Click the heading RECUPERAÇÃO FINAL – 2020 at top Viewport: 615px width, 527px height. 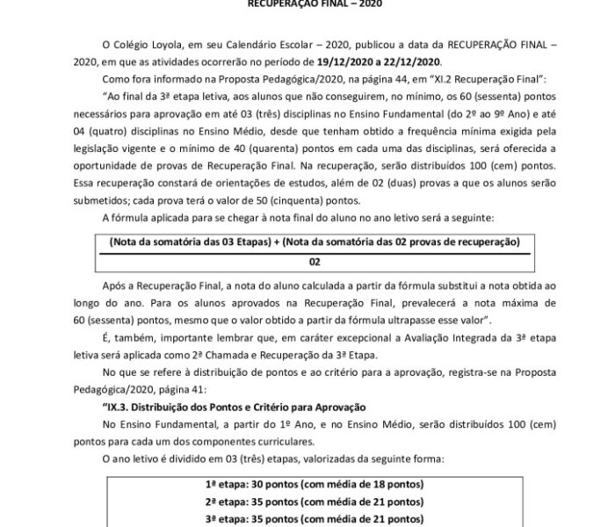307,4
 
